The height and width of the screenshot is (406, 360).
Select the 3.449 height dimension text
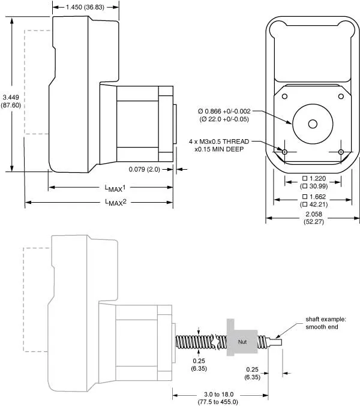(x=11, y=97)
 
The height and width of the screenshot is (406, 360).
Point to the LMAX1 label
(x=111, y=188)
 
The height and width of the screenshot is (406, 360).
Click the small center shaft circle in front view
(x=312, y=124)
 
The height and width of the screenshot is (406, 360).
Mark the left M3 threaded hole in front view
(x=284, y=152)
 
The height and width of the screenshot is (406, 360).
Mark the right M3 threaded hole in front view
(x=340, y=152)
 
